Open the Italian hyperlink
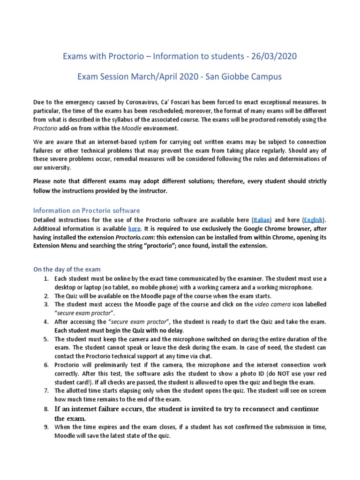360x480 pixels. [262, 219]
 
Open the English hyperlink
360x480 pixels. [313, 219]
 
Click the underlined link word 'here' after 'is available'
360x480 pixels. [134, 228]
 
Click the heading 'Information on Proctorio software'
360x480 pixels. [86, 210]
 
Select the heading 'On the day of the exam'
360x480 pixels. [67, 269]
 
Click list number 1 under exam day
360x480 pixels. [46, 278]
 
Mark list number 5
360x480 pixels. [46, 339]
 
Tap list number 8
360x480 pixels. [46, 409]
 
